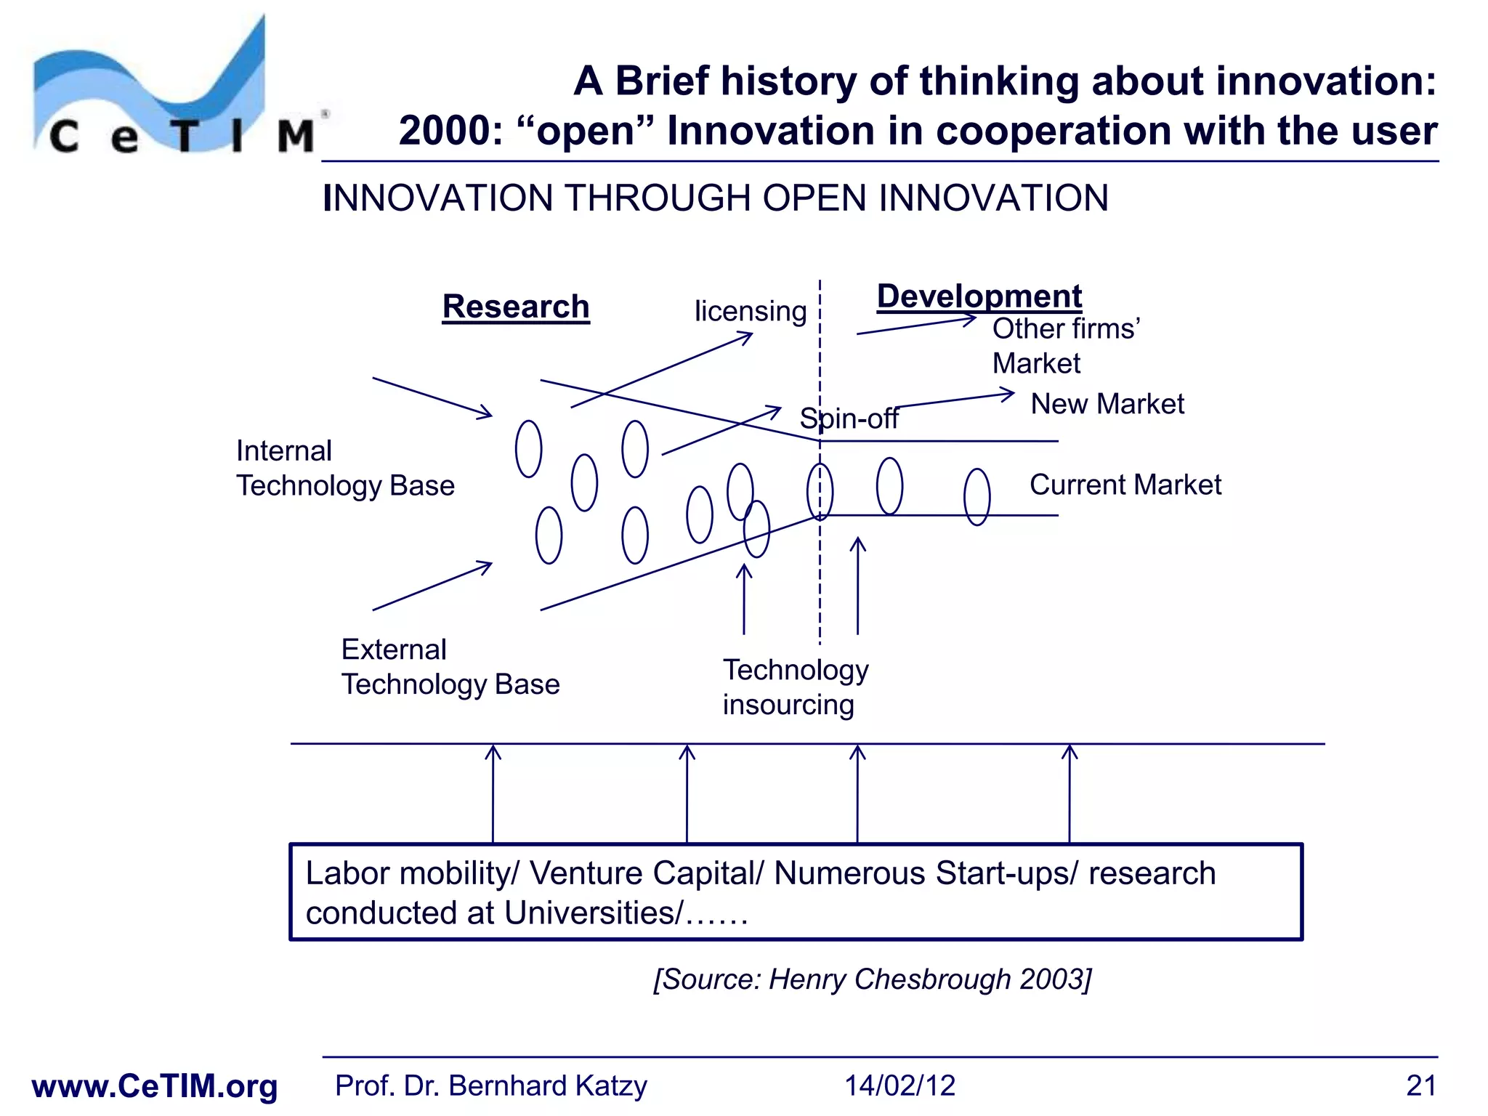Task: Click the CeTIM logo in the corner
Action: tap(174, 91)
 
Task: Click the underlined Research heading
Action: tap(516, 307)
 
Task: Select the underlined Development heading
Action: tap(979, 296)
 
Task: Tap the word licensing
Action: tap(750, 312)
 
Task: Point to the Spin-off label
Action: tap(849, 418)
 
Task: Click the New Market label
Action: tap(1107, 404)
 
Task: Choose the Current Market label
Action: tap(1125, 485)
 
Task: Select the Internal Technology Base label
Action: tap(345, 468)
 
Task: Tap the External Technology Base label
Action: tap(450, 667)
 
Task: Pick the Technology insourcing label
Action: tap(795, 687)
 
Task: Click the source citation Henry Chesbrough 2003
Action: tap(872, 979)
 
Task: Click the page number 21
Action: tap(1420, 1085)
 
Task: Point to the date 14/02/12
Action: tap(899, 1085)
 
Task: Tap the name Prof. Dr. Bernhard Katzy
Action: tap(490, 1085)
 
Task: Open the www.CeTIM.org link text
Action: tap(155, 1086)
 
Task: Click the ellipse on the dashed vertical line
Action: tap(820, 492)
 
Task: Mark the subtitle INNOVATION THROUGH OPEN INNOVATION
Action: tap(715, 198)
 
